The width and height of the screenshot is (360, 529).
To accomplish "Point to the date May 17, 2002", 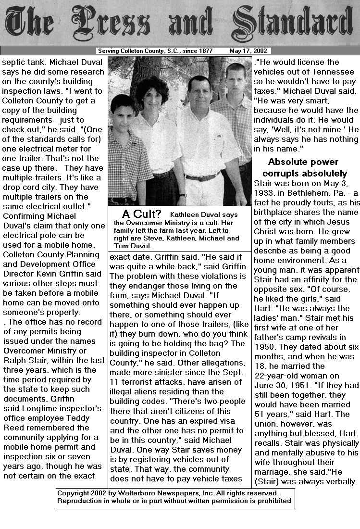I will (x=249, y=51).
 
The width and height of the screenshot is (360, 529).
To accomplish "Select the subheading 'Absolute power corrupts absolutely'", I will (x=304, y=167).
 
